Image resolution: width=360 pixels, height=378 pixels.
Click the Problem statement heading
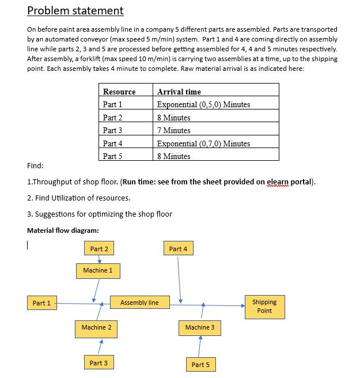coord(75,10)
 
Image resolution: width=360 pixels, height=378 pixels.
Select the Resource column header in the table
coord(119,92)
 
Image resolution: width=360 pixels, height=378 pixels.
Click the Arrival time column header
coord(179,92)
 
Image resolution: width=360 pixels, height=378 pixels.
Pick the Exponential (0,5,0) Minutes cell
coord(203,104)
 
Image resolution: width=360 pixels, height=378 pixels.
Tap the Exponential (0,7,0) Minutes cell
coord(203,143)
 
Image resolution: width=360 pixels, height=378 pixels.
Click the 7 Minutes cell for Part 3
coord(173,130)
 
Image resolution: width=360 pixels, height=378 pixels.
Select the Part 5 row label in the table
coord(113,156)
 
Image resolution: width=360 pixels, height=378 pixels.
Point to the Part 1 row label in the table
coord(113,104)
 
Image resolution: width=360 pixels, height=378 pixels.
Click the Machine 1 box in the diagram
coord(98,270)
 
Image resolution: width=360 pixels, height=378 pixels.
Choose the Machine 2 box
coord(96,327)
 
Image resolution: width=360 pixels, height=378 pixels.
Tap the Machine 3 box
coord(200,327)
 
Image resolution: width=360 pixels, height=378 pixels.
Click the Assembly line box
coord(139,303)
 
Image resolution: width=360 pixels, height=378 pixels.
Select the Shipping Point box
coord(264,307)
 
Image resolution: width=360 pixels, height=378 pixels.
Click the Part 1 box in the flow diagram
coord(41,303)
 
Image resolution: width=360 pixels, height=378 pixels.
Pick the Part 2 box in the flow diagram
coord(99,249)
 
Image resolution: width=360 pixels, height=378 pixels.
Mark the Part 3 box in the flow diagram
coord(98,363)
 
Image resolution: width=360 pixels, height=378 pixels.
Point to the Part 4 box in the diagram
coord(179,249)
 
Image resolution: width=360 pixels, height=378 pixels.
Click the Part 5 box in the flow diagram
coord(200,365)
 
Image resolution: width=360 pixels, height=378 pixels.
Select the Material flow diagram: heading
coord(63,230)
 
